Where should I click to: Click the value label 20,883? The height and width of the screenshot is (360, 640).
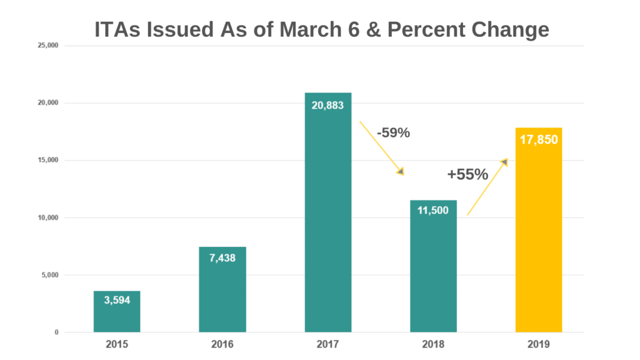328,105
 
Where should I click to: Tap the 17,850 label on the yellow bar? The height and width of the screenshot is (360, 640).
539,140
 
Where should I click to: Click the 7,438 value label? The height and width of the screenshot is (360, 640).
222,258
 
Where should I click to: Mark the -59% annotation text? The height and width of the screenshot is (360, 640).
393,132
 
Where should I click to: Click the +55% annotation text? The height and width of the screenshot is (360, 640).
467,175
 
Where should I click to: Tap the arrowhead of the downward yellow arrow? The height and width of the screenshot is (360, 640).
401,171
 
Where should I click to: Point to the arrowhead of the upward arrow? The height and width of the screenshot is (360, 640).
504,162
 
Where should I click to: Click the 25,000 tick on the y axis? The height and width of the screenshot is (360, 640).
48,46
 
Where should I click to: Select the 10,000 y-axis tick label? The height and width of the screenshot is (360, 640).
48,217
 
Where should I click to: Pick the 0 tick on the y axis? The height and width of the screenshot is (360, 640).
56,332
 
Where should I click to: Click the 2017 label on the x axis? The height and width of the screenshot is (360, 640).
328,344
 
